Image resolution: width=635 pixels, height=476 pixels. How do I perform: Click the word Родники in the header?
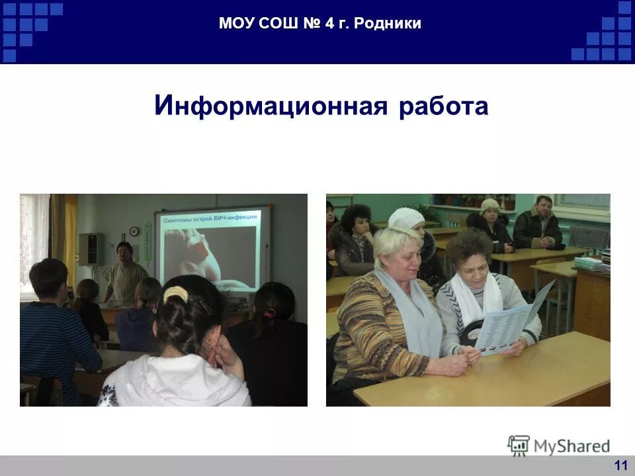pyautogui.click(x=388, y=24)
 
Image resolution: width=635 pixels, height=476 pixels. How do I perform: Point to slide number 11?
pyautogui.click(x=620, y=465)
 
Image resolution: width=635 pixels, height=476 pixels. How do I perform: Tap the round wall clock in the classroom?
pyautogui.click(x=134, y=231)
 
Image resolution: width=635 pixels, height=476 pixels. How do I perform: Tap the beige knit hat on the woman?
pyautogui.click(x=490, y=204)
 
